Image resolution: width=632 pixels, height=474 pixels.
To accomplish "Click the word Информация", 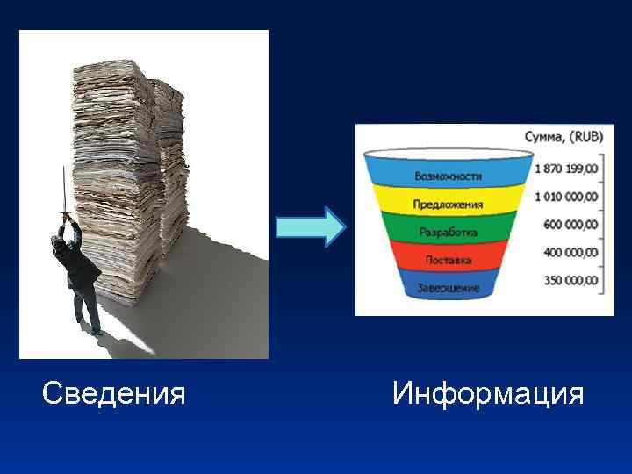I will [488, 393].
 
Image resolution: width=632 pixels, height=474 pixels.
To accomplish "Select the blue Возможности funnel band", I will [448, 176].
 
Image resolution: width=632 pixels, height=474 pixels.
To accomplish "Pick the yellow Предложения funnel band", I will [448, 205].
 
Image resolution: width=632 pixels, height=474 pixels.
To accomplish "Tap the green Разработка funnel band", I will [448, 233].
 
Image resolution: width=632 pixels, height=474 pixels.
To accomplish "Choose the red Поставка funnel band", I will [448, 260].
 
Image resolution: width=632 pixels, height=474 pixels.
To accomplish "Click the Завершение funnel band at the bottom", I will [448, 287].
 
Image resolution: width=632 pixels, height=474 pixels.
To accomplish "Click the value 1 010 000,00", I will [567, 197].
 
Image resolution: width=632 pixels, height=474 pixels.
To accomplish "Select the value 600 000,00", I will [571, 225].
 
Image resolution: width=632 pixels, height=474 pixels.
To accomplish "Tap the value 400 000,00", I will [571, 253].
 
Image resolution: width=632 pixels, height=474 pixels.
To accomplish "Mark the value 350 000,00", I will [571, 281].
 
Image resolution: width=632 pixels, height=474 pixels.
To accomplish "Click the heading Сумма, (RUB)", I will [557, 138].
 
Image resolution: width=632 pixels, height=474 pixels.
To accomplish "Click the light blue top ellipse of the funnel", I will [448, 154].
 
